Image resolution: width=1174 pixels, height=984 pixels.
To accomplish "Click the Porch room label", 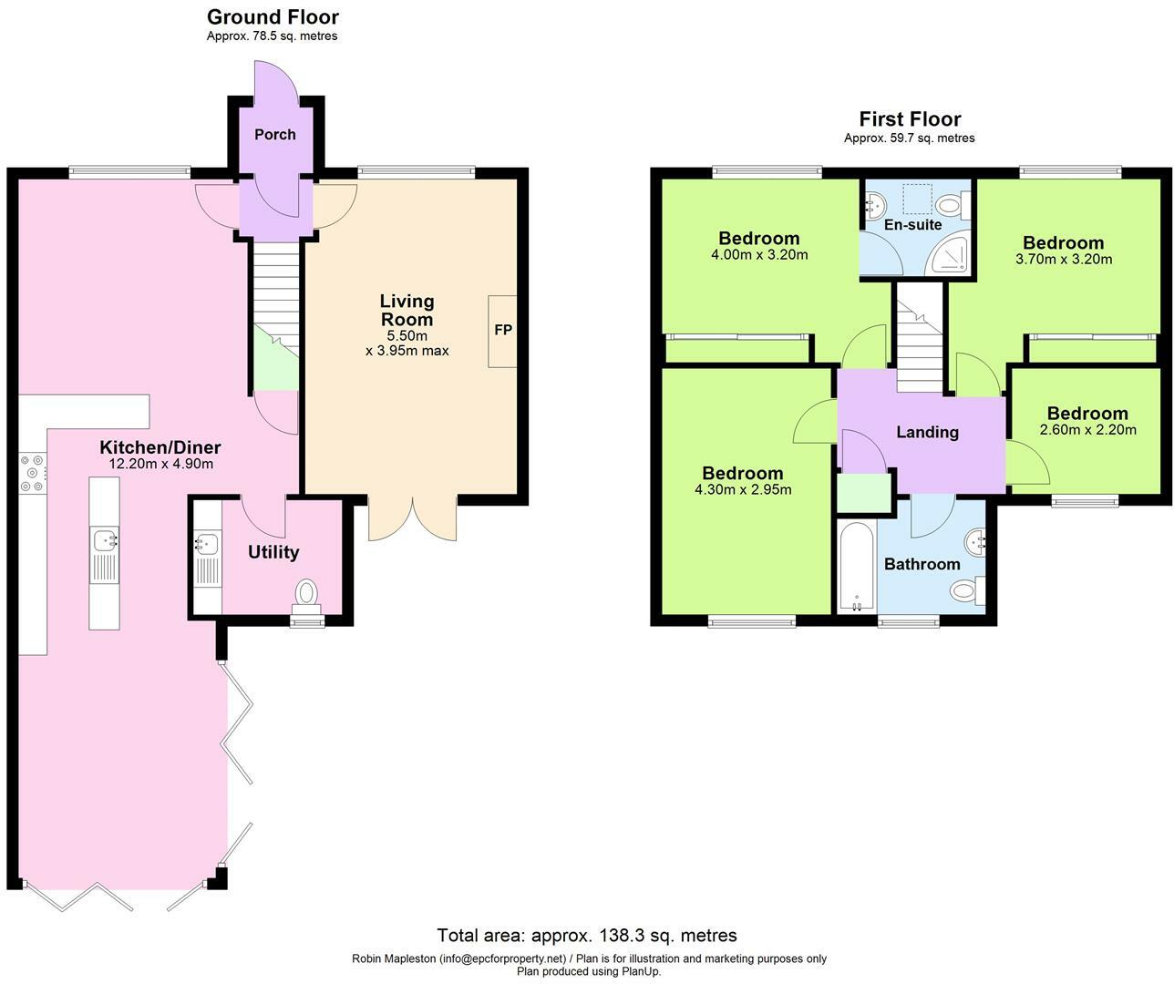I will coord(274,135).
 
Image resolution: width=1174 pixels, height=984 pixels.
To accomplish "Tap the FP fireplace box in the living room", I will coord(502,331).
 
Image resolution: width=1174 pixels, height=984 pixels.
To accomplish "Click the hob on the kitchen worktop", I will coord(33,473).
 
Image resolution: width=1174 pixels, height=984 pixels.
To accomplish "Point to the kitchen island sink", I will coord(105,539).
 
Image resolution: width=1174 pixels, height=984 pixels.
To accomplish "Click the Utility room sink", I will coord(206,544).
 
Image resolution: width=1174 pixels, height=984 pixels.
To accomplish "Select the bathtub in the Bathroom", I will coord(856,567).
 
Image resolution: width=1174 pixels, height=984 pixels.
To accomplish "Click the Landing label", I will coord(927,433).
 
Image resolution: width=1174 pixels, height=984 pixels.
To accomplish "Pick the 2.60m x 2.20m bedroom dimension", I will coord(1087,430).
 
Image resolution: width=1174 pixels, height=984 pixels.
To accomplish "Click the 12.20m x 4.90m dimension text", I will coord(160,464).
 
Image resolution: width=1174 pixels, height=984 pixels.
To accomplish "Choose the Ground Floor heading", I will coord(273,16).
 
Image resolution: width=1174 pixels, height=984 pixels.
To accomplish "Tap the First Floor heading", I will coord(910,119).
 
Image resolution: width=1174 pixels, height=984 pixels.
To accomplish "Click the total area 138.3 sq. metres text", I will coord(587,935).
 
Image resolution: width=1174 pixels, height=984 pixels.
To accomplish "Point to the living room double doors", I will coord(412,520).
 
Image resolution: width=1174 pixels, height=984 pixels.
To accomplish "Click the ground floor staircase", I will coord(275,301).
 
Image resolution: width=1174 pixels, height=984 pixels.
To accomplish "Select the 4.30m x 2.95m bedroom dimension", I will coord(742,490).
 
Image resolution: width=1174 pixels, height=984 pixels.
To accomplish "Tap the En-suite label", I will coord(912,225).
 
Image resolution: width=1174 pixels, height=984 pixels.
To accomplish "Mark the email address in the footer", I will coord(502,958).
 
